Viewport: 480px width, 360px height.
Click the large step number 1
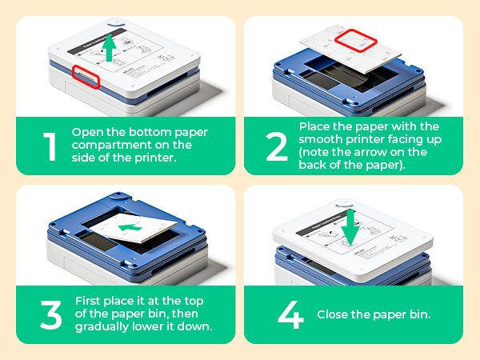50,146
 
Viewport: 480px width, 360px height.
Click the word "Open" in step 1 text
86,131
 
